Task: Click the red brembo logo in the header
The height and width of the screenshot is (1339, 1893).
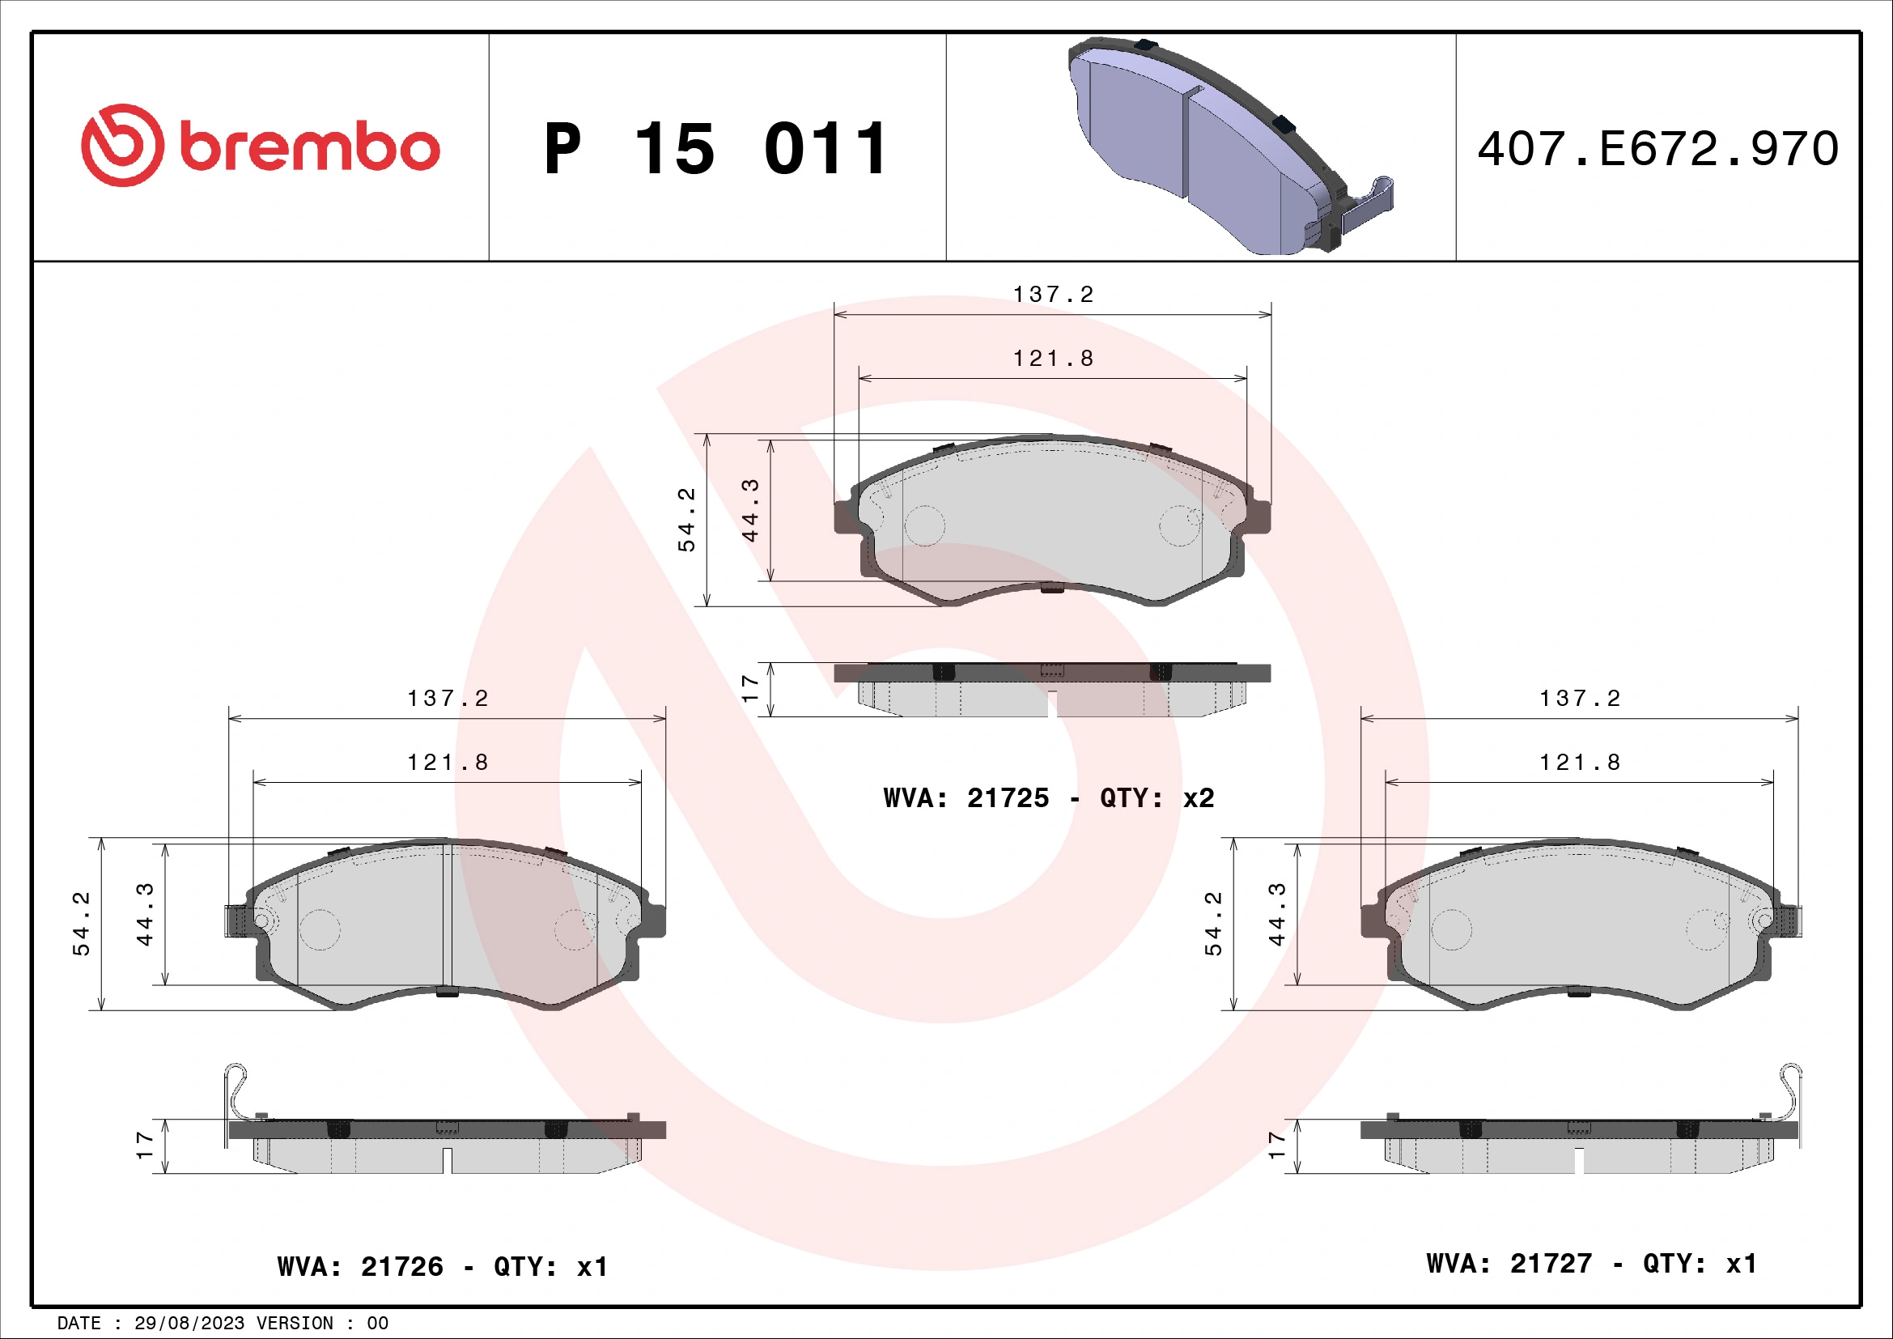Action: (260, 146)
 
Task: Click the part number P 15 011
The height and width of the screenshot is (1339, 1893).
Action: (715, 149)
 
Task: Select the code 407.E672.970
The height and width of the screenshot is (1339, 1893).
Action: (1657, 149)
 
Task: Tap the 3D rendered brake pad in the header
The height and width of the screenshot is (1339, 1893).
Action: (1229, 147)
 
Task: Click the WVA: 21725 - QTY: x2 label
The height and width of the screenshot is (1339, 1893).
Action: (1048, 798)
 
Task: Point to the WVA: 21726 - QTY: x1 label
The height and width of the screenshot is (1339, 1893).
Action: (443, 1266)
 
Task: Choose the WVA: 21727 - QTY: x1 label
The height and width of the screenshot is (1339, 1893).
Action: (1591, 1263)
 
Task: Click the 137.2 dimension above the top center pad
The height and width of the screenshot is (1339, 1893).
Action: (1053, 295)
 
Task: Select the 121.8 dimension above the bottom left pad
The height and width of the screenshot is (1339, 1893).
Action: (448, 763)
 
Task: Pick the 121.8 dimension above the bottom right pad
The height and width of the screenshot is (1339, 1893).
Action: (1580, 763)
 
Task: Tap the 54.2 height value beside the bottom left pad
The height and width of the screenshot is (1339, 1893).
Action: (82, 924)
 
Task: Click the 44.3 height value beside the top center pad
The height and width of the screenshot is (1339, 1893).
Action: (749, 510)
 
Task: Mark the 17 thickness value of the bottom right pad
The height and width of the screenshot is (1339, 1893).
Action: (1276, 1146)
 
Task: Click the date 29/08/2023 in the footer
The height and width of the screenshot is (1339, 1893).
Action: (189, 1324)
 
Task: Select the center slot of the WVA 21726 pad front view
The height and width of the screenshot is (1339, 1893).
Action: (447, 916)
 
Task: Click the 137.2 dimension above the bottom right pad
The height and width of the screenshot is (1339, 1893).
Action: (1580, 699)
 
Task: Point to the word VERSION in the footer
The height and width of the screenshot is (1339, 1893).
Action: (295, 1324)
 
